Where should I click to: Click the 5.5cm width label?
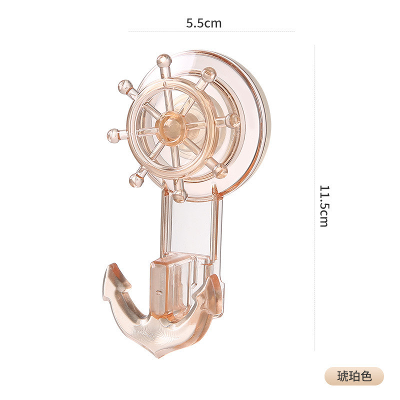pyautogui.click(x=203, y=23)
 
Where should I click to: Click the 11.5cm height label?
pyautogui.click(x=324, y=206)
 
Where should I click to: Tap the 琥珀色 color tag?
pyautogui.click(x=354, y=376)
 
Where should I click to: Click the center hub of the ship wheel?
pyautogui.click(x=170, y=128)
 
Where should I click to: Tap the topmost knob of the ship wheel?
pyautogui.click(x=163, y=61)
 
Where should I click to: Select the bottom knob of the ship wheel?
pyautogui.click(x=180, y=196)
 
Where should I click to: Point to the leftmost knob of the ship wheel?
pyautogui.click(x=113, y=135)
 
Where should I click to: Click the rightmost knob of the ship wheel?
pyautogui.click(x=232, y=120)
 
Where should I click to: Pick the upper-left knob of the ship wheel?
pyautogui.click(x=125, y=86)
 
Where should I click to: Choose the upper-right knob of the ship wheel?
pyautogui.click(x=209, y=74)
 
